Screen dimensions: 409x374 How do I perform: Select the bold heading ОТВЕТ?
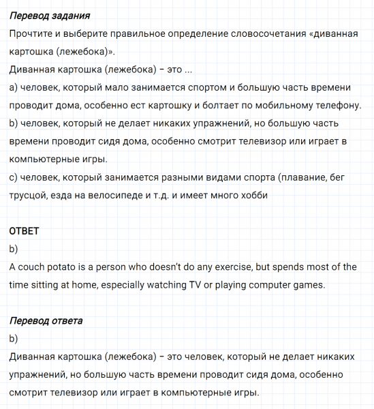25,231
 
